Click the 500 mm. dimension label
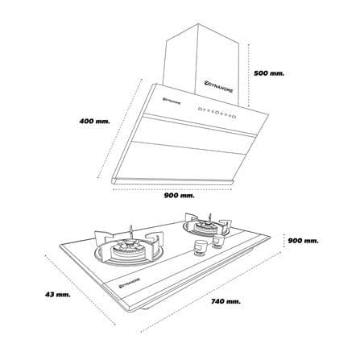(269, 73)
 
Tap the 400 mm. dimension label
(95, 121)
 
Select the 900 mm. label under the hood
(179, 196)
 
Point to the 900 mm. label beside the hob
(303, 241)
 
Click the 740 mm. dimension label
(226, 301)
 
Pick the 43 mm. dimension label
(58, 295)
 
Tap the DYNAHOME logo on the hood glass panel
(172, 100)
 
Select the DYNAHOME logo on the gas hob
(130, 283)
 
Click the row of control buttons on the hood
(217, 113)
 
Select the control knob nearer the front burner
(201, 247)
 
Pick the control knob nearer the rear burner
(218, 241)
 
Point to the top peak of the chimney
(198, 23)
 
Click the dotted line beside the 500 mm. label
(249, 75)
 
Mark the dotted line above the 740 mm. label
(211, 292)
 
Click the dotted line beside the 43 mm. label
(81, 290)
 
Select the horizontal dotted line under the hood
(172, 189)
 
